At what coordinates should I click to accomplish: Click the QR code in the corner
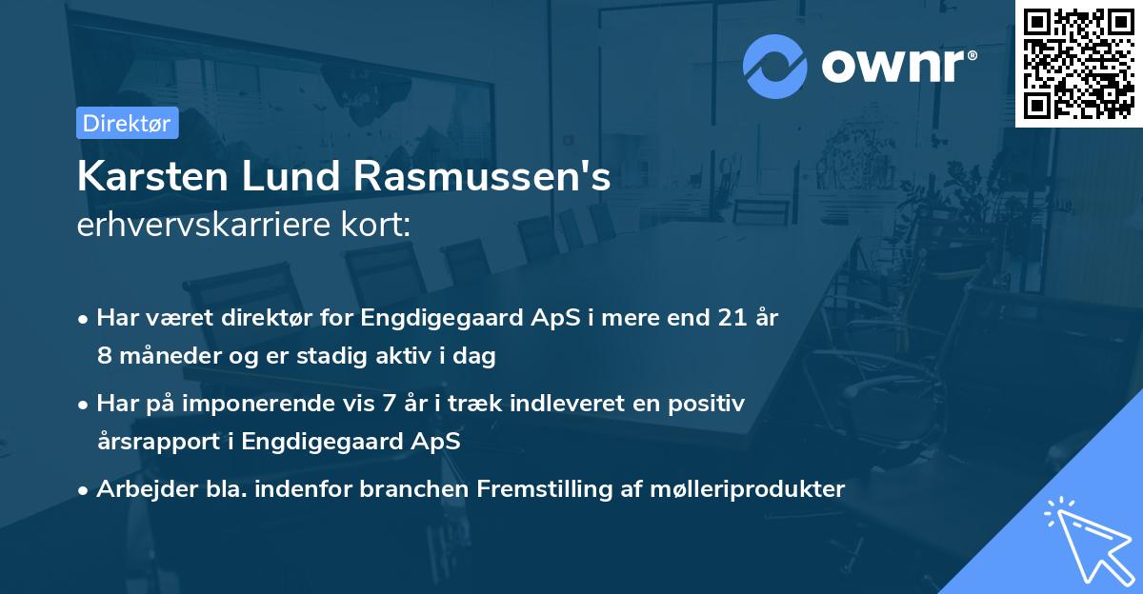point(1078,64)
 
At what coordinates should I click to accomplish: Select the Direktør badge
point(127,123)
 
